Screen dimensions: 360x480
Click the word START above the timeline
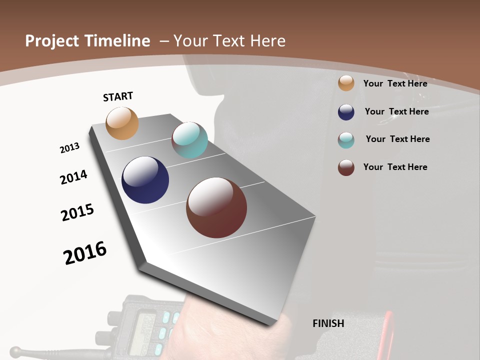coord(118,96)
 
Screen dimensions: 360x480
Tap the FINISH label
coord(328,323)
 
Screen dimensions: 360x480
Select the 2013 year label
coord(69,148)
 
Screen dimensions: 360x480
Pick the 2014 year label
coord(73,177)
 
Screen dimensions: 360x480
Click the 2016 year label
coord(85,253)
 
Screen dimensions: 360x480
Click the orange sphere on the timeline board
coord(122,123)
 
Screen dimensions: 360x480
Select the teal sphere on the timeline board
coord(189,140)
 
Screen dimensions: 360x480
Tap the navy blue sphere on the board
coord(145,180)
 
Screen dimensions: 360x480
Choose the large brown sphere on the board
coord(216,207)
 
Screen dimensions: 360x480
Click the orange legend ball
coord(346,83)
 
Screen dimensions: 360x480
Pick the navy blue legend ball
coord(346,112)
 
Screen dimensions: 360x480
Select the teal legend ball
coord(346,140)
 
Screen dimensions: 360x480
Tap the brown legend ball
coord(346,167)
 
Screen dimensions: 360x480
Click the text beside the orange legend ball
coord(395,83)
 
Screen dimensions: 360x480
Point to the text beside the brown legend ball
coord(395,167)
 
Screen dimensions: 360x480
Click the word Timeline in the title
coord(118,41)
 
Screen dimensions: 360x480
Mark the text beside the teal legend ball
coord(397,139)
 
